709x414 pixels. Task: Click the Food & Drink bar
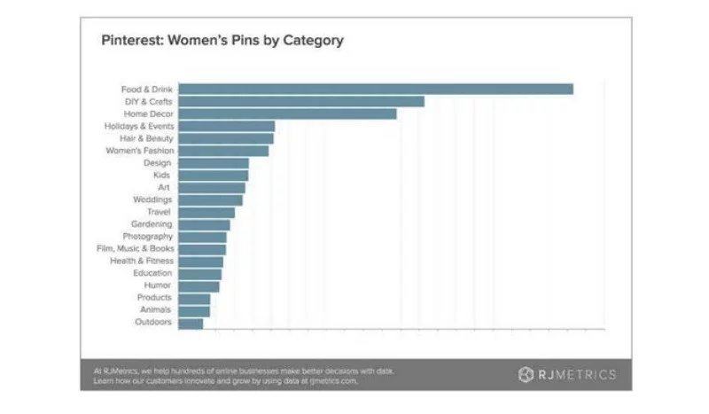tap(376, 89)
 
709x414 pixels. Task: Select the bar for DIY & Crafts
tap(301, 101)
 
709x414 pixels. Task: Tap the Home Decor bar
tap(287, 113)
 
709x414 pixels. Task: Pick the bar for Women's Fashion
tap(223, 151)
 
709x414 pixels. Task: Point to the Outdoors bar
tap(191, 323)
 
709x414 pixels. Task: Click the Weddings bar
tap(210, 200)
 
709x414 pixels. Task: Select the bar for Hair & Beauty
tap(226, 138)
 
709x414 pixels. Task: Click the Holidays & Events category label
tap(138, 126)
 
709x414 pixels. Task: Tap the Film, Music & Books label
tap(135, 249)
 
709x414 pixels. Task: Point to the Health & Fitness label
tap(142, 262)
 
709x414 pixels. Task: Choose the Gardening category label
tap(152, 224)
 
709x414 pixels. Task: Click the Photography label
tap(147, 237)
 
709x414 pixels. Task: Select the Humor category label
tap(158, 285)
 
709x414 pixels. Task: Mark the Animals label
tap(156, 310)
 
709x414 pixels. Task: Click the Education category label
tap(152, 273)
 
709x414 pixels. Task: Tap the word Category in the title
tap(313, 41)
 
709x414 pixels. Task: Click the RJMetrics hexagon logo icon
tap(526, 374)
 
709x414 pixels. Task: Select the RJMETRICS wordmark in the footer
tap(576, 374)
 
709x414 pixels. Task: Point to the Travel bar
tap(206, 213)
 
